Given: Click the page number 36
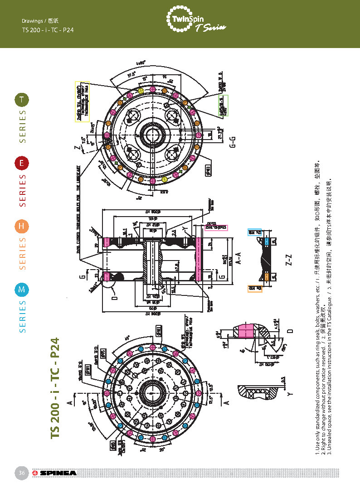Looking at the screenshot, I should click(x=22, y=473).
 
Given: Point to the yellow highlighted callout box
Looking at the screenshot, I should click(x=82, y=102).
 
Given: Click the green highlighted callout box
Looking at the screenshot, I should click(x=224, y=105).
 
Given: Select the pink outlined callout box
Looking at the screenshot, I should click(x=215, y=227).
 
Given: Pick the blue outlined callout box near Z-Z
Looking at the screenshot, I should click(x=254, y=232).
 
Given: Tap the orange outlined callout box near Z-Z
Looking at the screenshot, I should click(x=254, y=288).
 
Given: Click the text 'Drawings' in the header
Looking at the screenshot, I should click(x=32, y=21).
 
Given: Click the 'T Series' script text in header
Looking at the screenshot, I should click(x=211, y=28).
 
